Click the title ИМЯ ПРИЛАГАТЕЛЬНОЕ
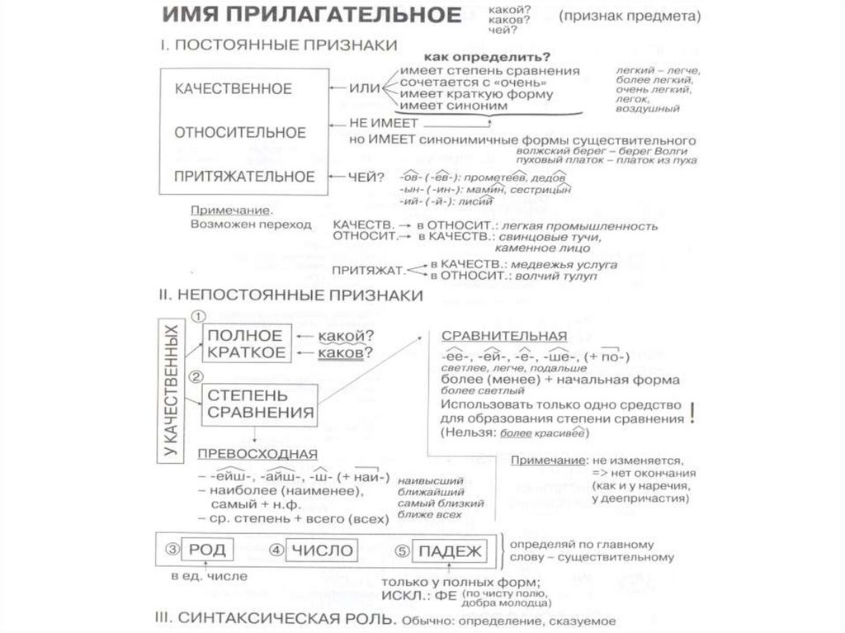click(310, 16)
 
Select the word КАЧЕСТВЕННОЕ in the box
click(233, 88)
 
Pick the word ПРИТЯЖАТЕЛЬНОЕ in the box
click(243, 176)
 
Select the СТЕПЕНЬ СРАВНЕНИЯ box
click(260, 404)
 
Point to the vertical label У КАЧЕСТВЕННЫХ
click(170, 390)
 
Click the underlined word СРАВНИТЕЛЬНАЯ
click(503, 336)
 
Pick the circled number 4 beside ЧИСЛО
click(276, 550)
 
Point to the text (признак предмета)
click(630, 17)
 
